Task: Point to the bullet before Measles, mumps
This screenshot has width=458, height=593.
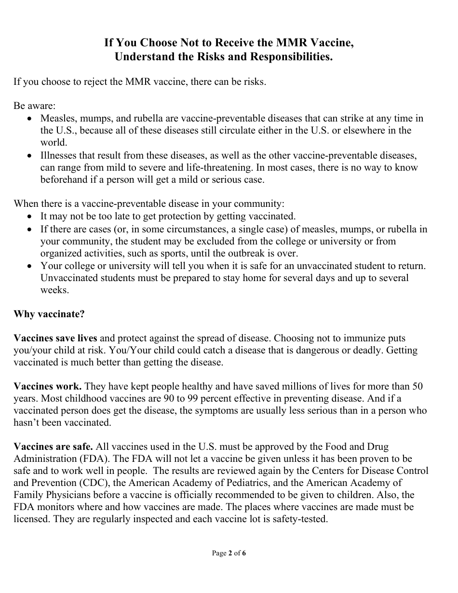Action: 30,119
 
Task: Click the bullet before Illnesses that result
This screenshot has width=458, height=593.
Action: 30,156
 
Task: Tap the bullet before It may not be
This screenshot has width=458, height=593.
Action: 30,217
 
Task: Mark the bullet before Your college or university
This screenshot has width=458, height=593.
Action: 30,266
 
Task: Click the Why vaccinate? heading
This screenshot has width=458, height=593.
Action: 49,314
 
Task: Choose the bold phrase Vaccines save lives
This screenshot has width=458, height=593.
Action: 55,338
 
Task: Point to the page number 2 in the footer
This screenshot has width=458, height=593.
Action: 229,553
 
